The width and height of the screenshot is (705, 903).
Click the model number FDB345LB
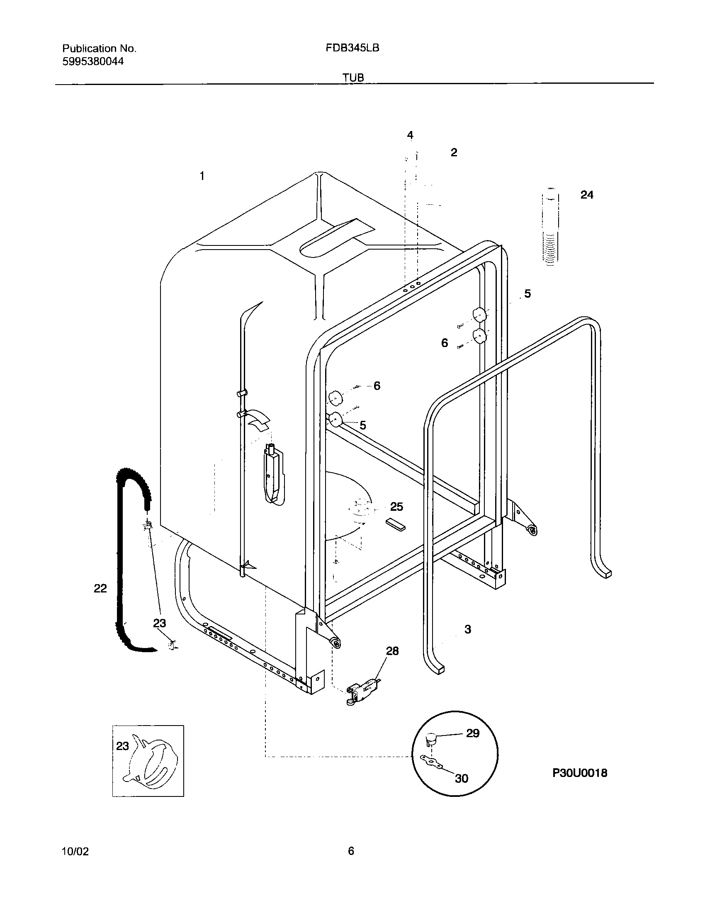click(352, 48)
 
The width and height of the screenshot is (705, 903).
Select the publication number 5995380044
click(93, 62)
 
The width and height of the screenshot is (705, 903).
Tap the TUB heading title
click(353, 78)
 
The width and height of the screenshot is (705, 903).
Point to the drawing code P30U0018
click(579, 772)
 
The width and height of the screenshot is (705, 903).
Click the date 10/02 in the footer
click(75, 851)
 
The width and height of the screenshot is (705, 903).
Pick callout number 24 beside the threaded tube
click(586, 195)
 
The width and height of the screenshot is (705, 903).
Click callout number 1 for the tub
click(202, 176)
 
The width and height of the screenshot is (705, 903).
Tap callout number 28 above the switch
click(392, 651)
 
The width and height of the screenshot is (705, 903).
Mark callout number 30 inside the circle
click(461, 778)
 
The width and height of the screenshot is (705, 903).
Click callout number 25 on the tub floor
click(396, 507)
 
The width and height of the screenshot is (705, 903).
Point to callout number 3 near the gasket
click(468, 629)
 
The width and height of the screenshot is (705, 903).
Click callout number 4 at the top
click(410, 135)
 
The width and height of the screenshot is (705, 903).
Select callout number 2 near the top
click(454, 153)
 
